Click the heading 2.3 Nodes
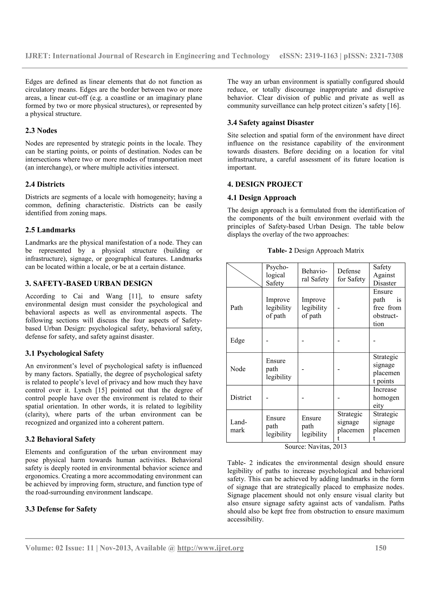pyautogui.click(x=41, y=131)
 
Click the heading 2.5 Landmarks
pyautogui.click(x=50, y=230)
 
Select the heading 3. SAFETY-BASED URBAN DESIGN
pyautogui.click(x=89, y=283)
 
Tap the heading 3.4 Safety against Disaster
pyautogui.click(x=270, y=123)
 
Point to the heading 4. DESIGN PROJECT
pyautogui.click(x=265, y=184)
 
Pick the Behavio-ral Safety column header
pyautogui.click(x=315, y=275)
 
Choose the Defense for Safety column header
pyautogui.click(x=351, y=275)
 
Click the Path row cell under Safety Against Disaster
pyautogui.click(x=387, y=308)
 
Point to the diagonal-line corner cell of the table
pyautogui.click(x=244, y=275)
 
